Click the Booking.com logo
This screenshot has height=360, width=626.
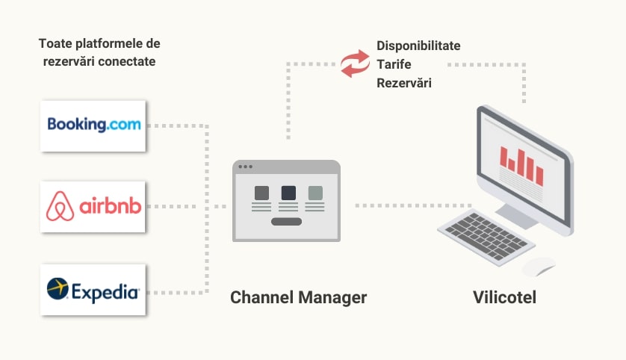(x=93, y=125)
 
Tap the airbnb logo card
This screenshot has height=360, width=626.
(x=93, y=206)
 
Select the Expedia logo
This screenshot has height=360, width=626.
(x=93, y=288)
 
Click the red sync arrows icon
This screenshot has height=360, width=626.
(x=355, y=63)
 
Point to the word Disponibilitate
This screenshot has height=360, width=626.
(x=418, y=46)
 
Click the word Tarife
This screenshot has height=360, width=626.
(x=394, y=64)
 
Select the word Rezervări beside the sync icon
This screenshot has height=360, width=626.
(x=404, y=83)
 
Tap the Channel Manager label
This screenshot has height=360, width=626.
(x=298, y=297)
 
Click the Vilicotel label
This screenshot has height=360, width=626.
(x=504, y=297)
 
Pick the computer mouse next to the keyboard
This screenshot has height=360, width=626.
(x=539, y=266)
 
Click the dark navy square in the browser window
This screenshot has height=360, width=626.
(x=288, y=193)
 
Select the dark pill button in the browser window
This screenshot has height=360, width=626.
(x=286, y=221)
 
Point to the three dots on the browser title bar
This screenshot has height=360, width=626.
(x=245, y=167)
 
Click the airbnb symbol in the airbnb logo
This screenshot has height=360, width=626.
(x=60, y=206)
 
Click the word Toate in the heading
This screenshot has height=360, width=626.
(x=55, y=44)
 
